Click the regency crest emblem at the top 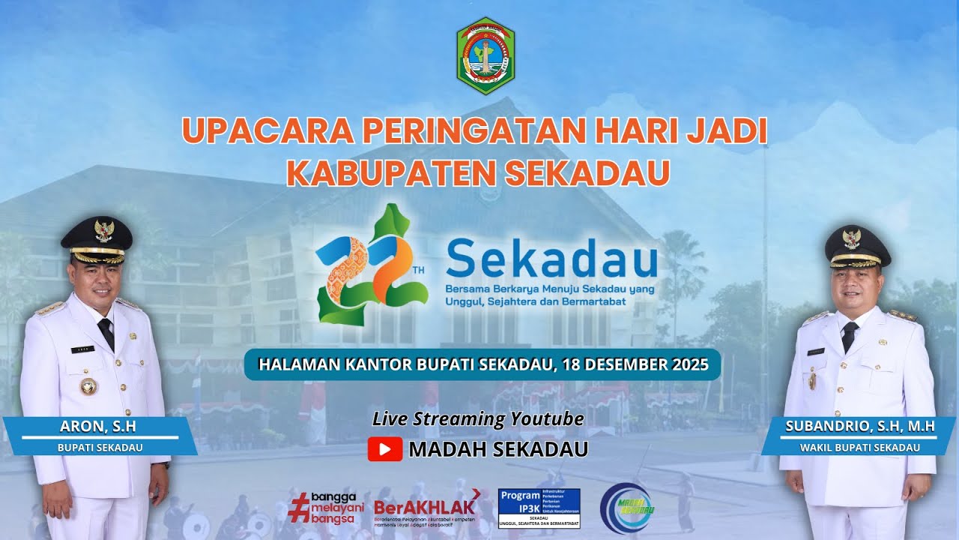[x=485, y=56]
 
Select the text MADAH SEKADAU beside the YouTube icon [x=498, y=449]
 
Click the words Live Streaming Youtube [x=478, y=419]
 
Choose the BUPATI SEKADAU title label [x=100, y=448]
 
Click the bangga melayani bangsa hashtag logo [x=325, y=507]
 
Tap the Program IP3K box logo [x=539, y=508]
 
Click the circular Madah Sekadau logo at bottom [x=626, y=508]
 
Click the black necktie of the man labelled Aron [x=106, y=332]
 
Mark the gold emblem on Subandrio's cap [x=852, y=238]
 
